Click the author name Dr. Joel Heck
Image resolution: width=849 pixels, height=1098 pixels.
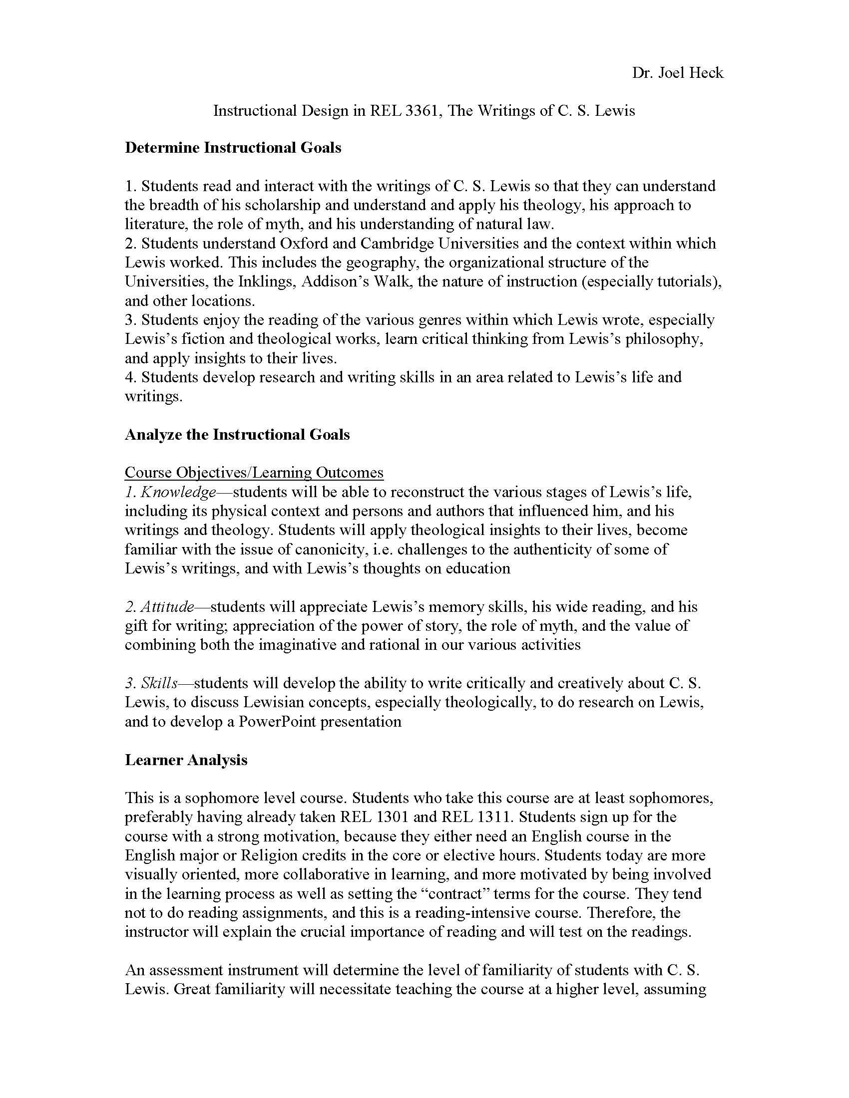pos(678,73)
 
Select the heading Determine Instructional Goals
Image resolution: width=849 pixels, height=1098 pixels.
pos(233,148)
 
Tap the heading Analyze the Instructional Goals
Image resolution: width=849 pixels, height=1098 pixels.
pos(237,434)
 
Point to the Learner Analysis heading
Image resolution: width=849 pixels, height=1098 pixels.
pos(186,760)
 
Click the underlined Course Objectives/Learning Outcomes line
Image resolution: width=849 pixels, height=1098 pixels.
pos(254,473)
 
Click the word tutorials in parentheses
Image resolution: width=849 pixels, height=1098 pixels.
pos(686,281)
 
